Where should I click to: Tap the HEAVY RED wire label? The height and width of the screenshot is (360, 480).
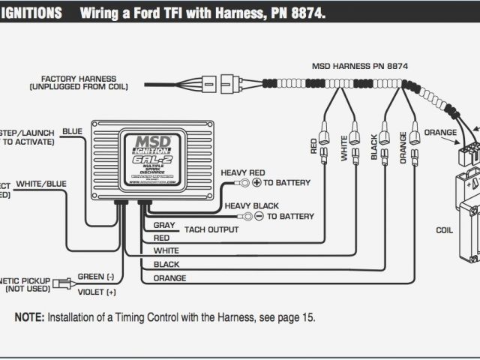242,172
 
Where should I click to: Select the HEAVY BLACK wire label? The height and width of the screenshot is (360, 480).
251,206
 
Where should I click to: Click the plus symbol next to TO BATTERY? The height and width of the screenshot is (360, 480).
255,183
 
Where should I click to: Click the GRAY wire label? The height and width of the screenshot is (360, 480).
163,225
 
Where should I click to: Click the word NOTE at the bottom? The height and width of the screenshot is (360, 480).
28,317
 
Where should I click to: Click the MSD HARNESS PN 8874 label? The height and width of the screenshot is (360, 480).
359,67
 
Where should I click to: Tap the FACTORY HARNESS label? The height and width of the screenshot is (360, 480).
78,77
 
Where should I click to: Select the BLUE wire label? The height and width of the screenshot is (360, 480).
73,131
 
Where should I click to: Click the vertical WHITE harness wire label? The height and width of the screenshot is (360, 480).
345,146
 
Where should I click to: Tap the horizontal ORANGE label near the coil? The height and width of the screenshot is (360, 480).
439,133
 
